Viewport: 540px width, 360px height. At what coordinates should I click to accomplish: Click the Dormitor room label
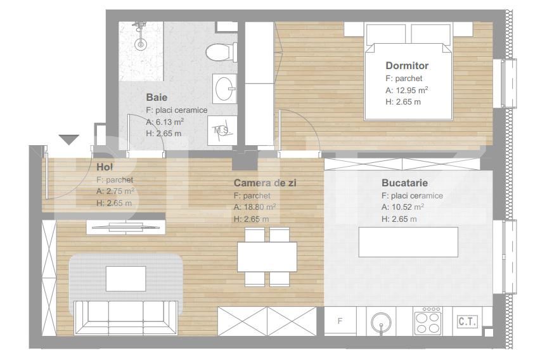click(x=407, y=65)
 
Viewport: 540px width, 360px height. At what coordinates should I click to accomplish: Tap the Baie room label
click(x=157, y=98)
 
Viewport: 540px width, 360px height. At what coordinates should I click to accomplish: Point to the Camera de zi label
click(x=265, y=183)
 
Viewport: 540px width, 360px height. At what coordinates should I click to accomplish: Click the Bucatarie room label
click(x=404, y=183)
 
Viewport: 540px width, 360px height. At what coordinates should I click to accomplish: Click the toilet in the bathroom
click(x=219, y=51)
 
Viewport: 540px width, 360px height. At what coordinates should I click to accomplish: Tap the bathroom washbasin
click(x=224, y=88)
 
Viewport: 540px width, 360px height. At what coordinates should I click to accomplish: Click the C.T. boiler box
click(x=467, y=321)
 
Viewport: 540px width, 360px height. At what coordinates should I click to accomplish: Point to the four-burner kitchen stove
click(x=428, y=321)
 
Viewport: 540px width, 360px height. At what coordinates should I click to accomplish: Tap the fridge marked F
click(x=340, y=321)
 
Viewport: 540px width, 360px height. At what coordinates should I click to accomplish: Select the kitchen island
click(x=408, y=241)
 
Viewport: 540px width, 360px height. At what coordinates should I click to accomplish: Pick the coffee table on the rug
click(x=126, y=278)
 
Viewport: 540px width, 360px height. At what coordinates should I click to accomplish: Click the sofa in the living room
click(x=126, y=315)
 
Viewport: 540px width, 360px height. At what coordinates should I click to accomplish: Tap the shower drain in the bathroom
click(x=141, y=44)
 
